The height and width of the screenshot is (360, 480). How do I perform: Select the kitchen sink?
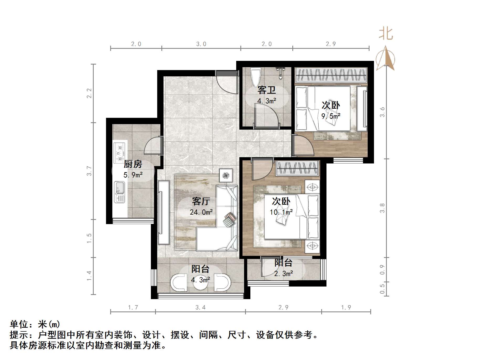pyautogui.click(x=120, y=192)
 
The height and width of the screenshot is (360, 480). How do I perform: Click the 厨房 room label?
pyautogui.click(x=133, y=165)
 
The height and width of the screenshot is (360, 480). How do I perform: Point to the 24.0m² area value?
pyautogui.click(x=201, y=212)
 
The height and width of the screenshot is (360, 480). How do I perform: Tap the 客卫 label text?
pyautogui.click(x=267, y=90)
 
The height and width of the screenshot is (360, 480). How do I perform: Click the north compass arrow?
pyautogui.click(x=385, y=58)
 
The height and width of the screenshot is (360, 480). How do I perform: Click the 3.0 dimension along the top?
pyautogui.click(x=201, y=44)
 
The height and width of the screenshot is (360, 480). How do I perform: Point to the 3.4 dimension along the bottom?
pyautogui.click(x=201, y=308)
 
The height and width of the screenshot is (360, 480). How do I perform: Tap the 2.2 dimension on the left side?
pyautogui.click(x=89, y=93)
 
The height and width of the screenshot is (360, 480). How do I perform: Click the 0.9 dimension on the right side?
pyautogui.click(x=382, y=270)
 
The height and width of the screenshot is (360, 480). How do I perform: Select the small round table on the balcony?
pyautogui.click(x=201, y=282)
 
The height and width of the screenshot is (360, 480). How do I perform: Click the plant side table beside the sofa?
pyautogui.click(x=226, y=175)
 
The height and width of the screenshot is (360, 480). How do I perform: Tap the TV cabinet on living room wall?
pyautogui.click(x=163, y=212)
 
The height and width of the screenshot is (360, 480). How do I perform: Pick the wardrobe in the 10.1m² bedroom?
pyautogui.click(x=297, y=168)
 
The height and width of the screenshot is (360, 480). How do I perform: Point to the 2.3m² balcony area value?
pyautogui.click(x=284, y=274)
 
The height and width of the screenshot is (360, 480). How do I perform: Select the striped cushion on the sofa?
pyautogui.click(x=230, y=219)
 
